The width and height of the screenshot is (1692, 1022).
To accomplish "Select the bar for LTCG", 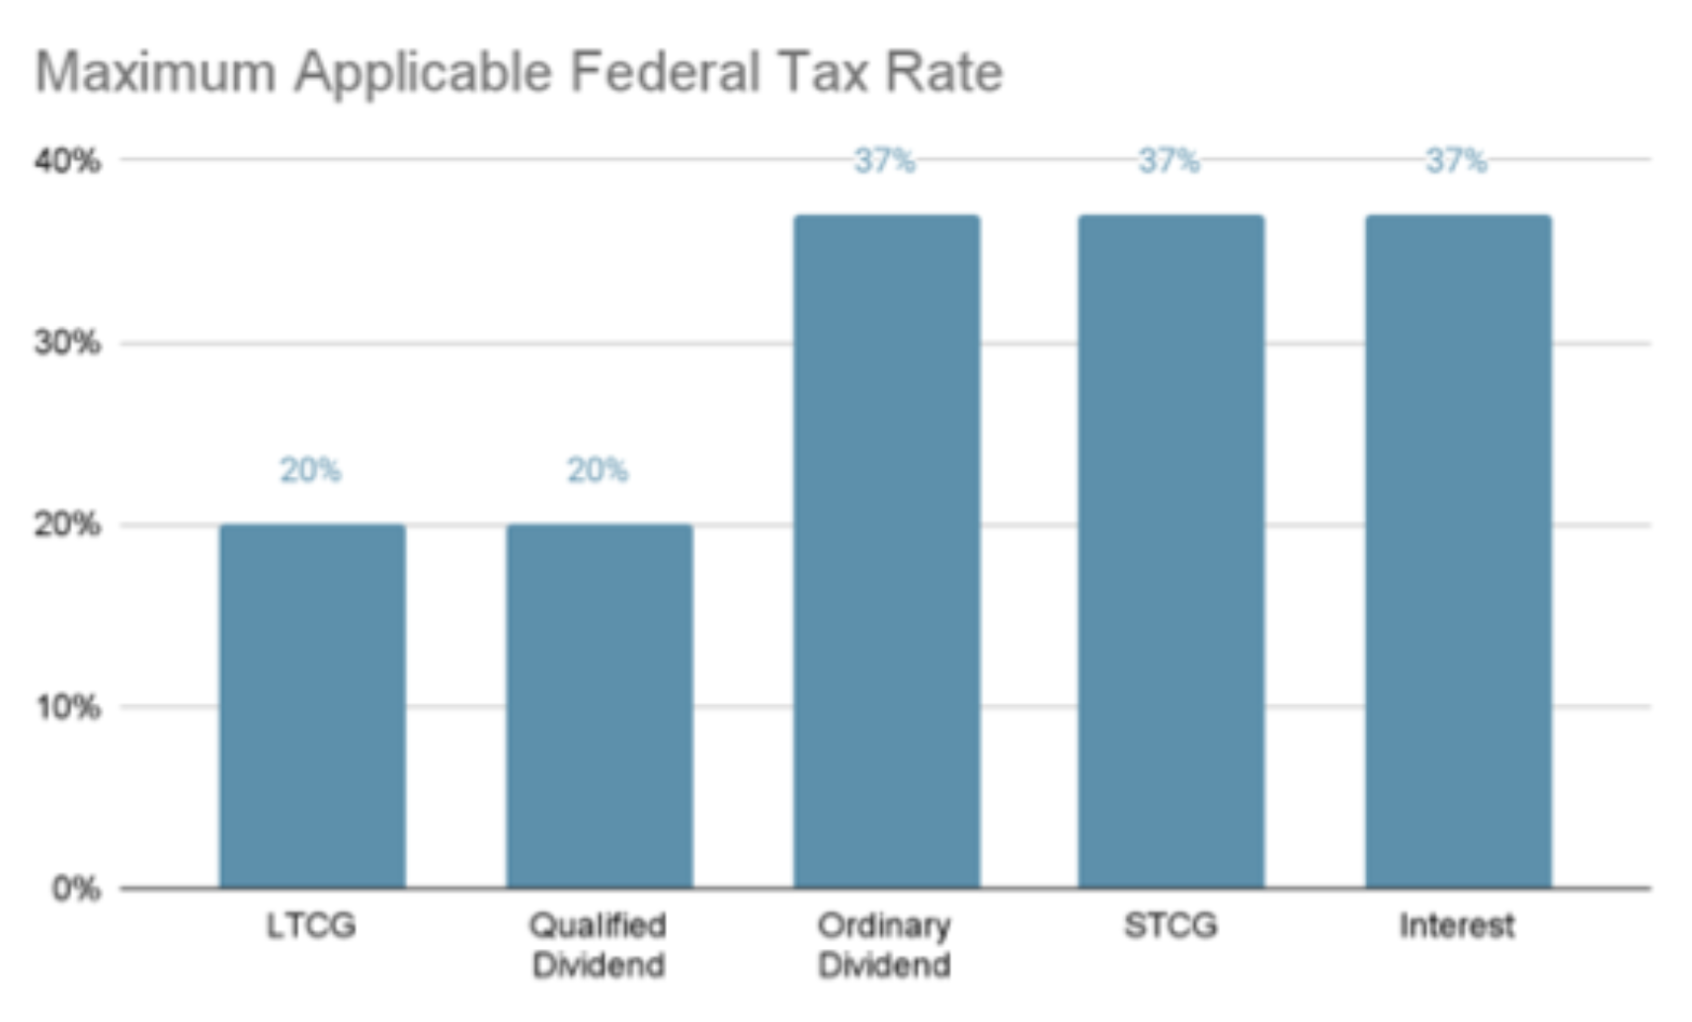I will pyautogui.click(x=312, y=706).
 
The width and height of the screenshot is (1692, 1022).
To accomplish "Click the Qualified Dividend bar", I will pyautogui.click(x=599, y=706).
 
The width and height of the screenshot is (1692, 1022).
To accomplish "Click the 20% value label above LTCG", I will pyautogui.click(x=310, y=470).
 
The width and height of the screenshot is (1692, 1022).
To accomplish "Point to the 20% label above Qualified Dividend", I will pyautogui.click(x=597, y=470).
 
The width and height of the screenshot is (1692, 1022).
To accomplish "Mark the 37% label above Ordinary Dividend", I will pyautogui.click(x=884, y=161).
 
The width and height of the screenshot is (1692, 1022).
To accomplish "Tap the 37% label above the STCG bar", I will pyautogui.click(x=1168, y=161).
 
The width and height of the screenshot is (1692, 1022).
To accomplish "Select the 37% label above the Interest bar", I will pyautogui.click(x=1456, y=161).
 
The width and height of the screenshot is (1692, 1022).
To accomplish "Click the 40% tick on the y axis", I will pyautogui.click(x=67, y=161).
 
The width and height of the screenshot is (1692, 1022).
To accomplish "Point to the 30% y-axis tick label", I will pyautogui.click(x=67, y=344).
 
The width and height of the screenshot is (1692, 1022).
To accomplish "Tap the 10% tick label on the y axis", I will pyautogui.click(x=67, y=707).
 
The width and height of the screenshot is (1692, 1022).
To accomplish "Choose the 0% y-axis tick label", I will pyautogui.click(x=75, y=889).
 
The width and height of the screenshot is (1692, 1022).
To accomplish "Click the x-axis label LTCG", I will pyautogui.click(x=311, y=926).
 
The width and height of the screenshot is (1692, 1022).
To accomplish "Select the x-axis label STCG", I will pyautogui.click(x=1170, y=926).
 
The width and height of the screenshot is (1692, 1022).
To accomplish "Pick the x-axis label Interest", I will pyautogui.click(x=1457, y=926).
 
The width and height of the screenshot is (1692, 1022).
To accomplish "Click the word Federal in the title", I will pyautogui.click(x=665, y=72).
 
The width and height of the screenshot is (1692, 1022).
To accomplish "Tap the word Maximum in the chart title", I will pyautogui.click(x=156, y=72).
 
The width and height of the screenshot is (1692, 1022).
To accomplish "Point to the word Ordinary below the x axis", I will pyautogui.click(x=884, y=926).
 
